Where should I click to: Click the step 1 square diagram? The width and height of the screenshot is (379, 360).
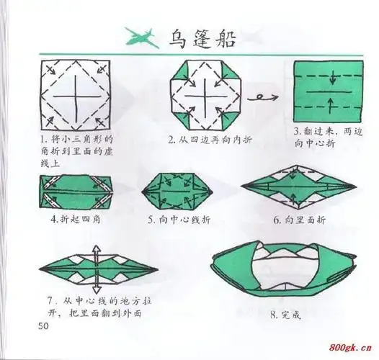tap(76, 94)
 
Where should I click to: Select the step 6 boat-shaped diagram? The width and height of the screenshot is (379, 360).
tap(301, 188)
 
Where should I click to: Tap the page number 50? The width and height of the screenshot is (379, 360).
tap(43, 328)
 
